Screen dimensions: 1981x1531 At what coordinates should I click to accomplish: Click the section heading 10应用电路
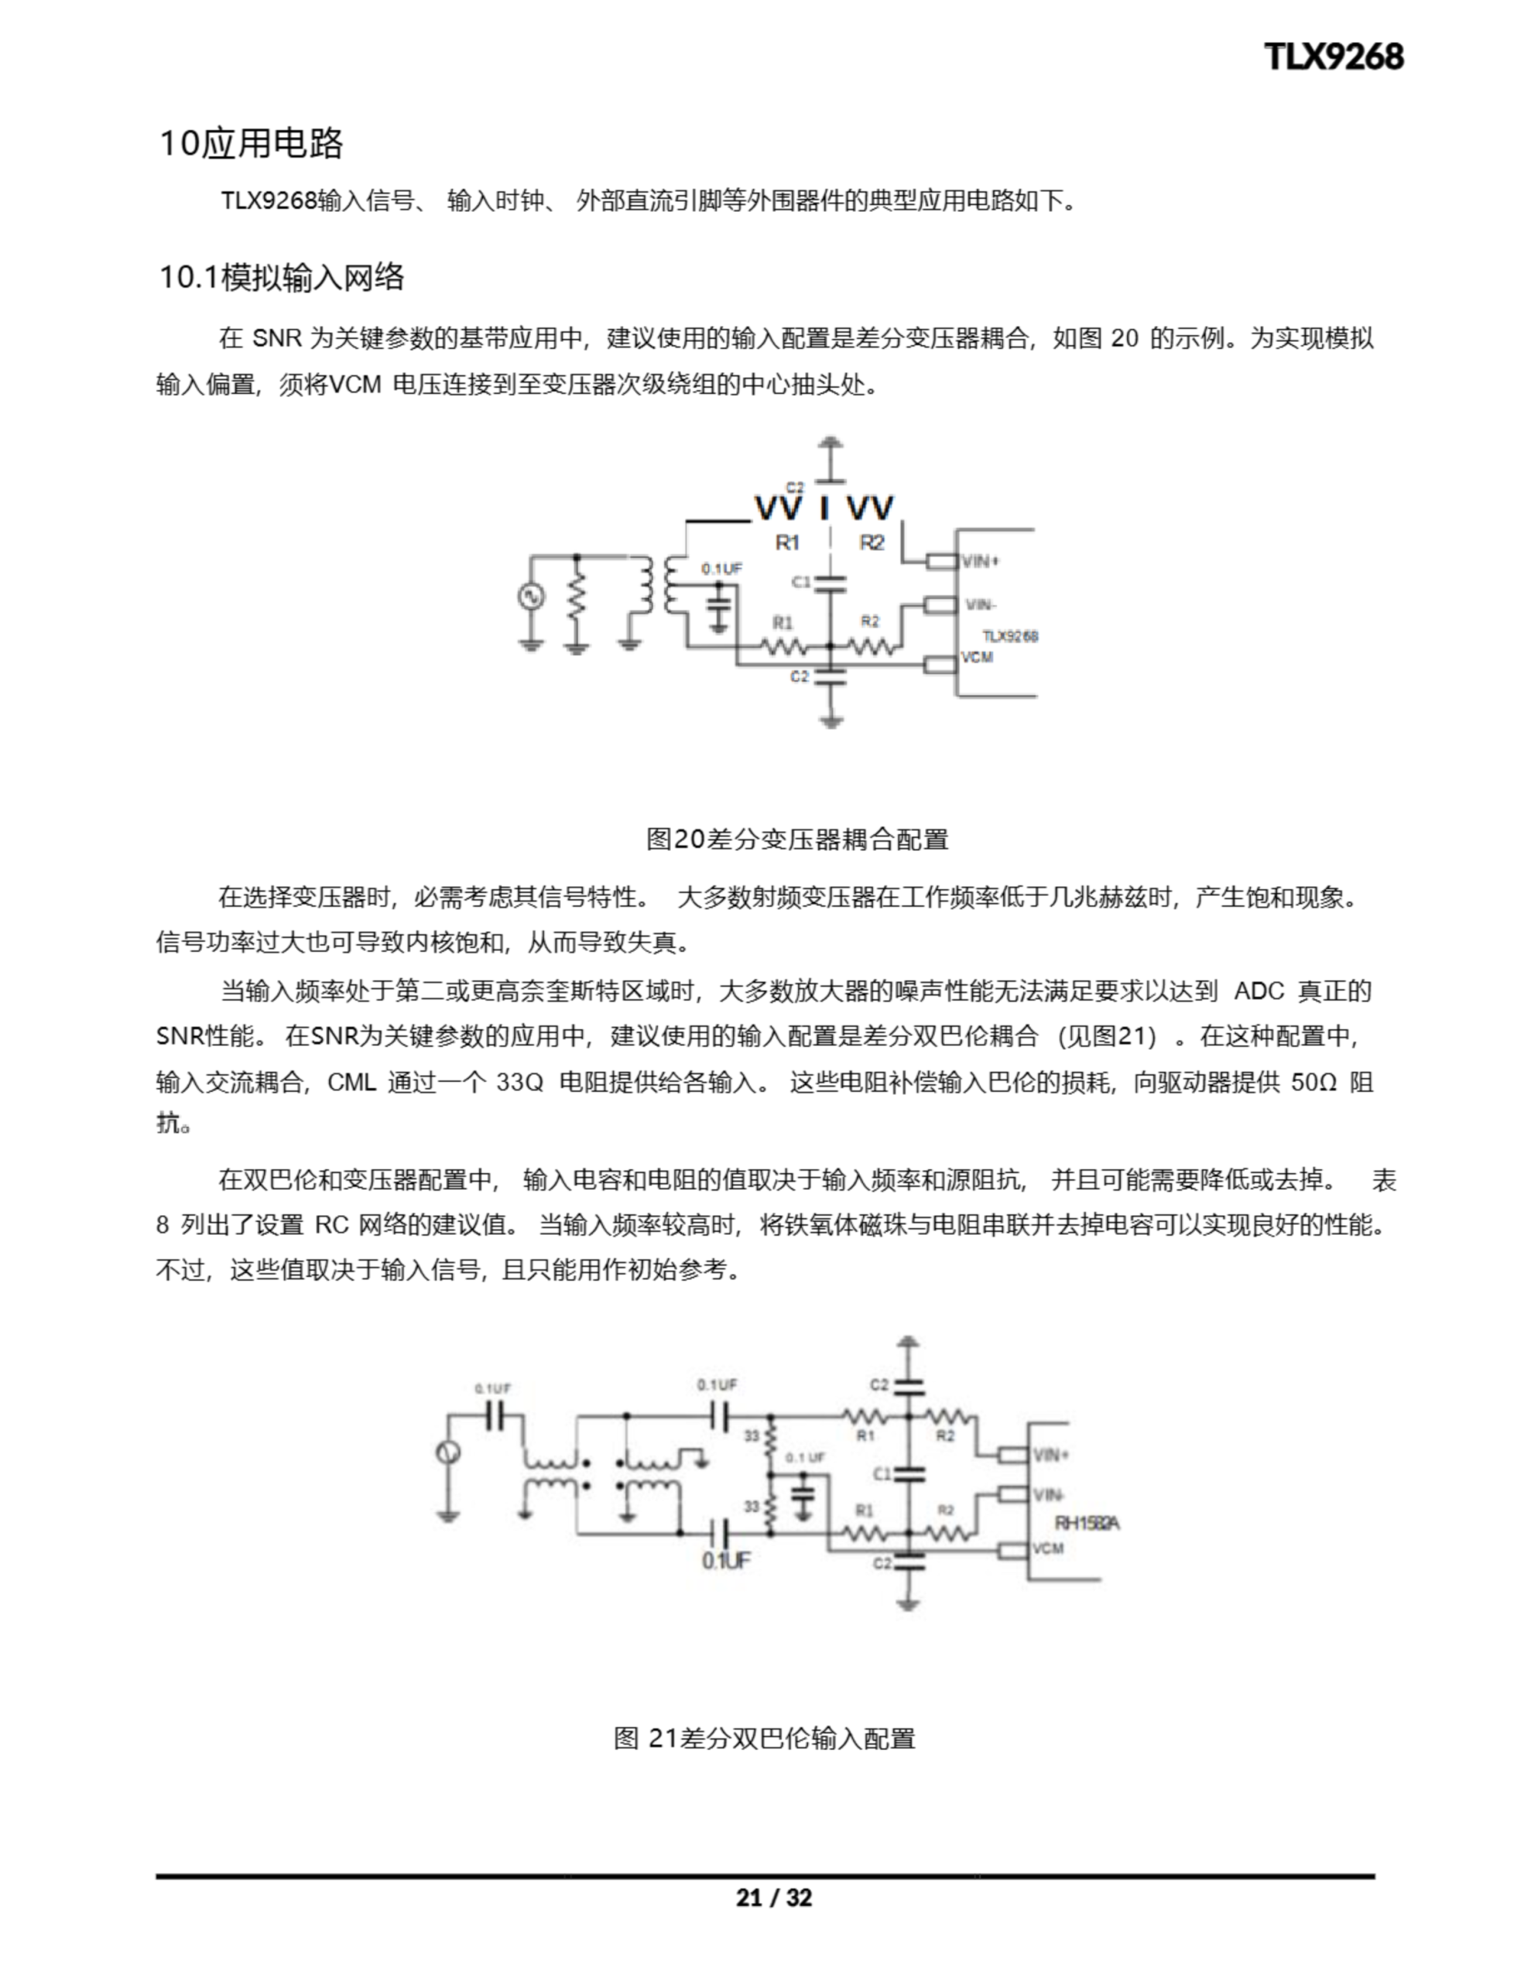click(252, 143)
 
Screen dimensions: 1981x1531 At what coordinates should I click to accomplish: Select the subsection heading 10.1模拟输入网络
click(281, 277)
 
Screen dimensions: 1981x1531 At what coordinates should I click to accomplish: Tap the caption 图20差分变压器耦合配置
click(796, 839)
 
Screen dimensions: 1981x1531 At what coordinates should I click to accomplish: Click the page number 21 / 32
click(773, 1897)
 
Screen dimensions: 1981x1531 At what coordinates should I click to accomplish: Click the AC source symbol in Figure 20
click(531, 596)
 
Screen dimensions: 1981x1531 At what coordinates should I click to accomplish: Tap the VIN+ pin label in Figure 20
click(980, 562)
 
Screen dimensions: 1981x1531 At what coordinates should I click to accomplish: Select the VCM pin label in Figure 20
click(978, 657)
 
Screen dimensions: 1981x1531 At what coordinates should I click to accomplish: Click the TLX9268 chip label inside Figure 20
click(1010, 636)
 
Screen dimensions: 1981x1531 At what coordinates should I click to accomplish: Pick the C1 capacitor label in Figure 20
click(801, 581)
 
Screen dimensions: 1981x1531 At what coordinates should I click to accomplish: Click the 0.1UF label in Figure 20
click(721, 569)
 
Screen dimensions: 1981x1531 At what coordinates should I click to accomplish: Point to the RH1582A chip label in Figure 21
click(1086, 1523)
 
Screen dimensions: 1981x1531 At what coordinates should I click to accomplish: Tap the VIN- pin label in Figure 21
click(1049, 1494)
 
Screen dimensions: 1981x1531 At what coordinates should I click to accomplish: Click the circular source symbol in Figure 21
click(447, 1452)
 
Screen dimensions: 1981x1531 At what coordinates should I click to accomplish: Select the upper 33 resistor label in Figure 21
click(752, 1436)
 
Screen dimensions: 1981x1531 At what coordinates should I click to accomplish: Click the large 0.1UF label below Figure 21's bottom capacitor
click(726, 1560)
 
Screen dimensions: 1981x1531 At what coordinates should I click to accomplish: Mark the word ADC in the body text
click(1259, 990)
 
